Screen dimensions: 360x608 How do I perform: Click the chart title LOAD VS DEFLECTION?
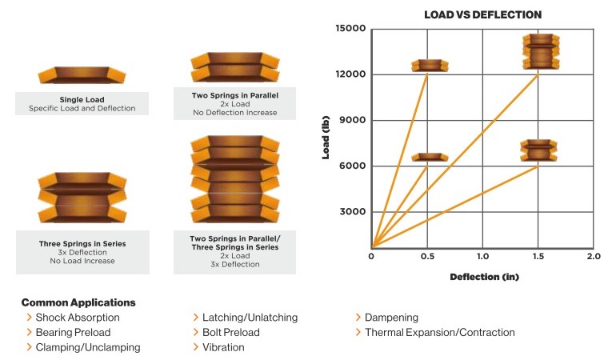482,14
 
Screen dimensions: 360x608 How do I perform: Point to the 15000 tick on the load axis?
350,30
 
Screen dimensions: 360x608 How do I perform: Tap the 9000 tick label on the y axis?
353,120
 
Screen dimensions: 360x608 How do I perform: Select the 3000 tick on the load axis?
353,212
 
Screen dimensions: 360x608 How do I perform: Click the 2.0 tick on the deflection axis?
593,257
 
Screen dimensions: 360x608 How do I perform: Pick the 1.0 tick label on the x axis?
482,257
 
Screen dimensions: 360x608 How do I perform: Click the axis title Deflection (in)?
482,278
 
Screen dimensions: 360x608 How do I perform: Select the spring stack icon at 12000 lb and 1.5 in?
538,52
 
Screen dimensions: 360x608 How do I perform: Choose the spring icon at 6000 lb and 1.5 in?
538,150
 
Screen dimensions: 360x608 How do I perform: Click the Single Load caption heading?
82,99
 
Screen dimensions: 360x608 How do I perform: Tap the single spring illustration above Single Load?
82,75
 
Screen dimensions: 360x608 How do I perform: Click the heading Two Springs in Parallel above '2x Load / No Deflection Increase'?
234,95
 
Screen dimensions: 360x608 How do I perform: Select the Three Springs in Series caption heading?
82,243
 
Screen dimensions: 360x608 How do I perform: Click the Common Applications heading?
78,302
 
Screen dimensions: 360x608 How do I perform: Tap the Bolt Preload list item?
231,332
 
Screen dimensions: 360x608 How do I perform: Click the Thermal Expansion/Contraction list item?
440,332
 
